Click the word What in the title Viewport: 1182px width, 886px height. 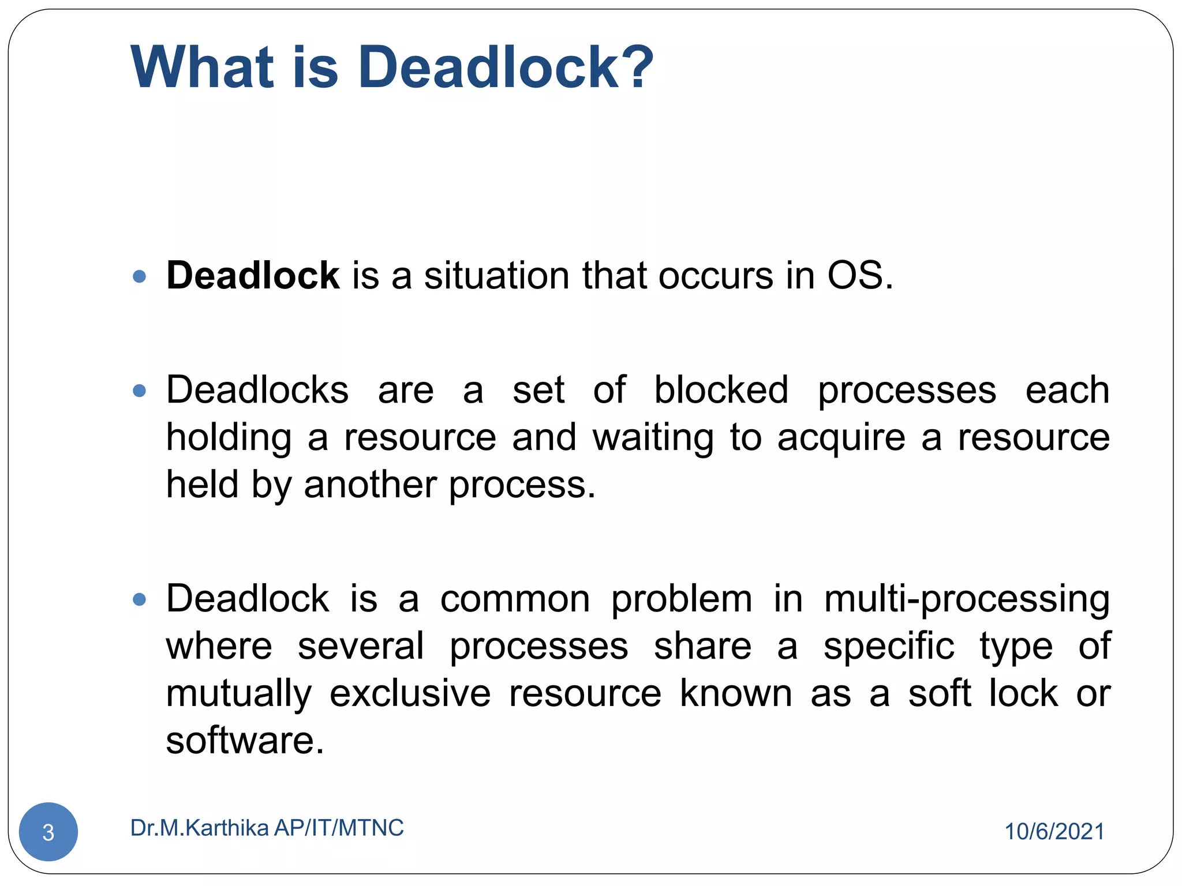click(x=201, y=67)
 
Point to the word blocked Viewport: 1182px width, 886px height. click(x=721, y=390)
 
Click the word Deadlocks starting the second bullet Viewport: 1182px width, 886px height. click(x=257, y=390)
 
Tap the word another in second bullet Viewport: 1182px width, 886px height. click(x=370, y=485)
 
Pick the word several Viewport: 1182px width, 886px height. click(x=361, y=646)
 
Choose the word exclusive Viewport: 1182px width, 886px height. click(x=410, y=693)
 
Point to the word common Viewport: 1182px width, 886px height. click(x=515, y=600)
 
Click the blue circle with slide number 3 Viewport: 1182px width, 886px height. click(x=48, y=832)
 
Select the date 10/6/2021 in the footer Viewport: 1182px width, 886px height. click(x=1054, y=832)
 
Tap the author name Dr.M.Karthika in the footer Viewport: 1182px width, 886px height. click(x=200, y=828)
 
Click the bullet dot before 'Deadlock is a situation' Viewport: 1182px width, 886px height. click(x=139, y=277)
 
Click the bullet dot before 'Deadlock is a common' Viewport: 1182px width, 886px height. click(x=139, y=600)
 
